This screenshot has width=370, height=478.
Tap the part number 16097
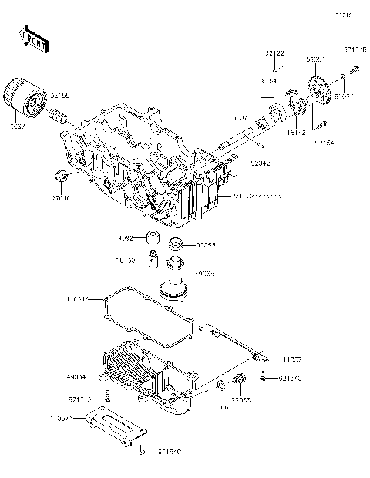[16, 123]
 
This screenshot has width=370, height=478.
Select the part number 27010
[61, 197]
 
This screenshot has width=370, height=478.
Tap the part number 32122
[275, 53]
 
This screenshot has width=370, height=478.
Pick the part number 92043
[260, 163]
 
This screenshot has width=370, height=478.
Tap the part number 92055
[205, 245]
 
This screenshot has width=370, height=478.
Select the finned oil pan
[146, 375]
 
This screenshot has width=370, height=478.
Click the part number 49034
[76, 378]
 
